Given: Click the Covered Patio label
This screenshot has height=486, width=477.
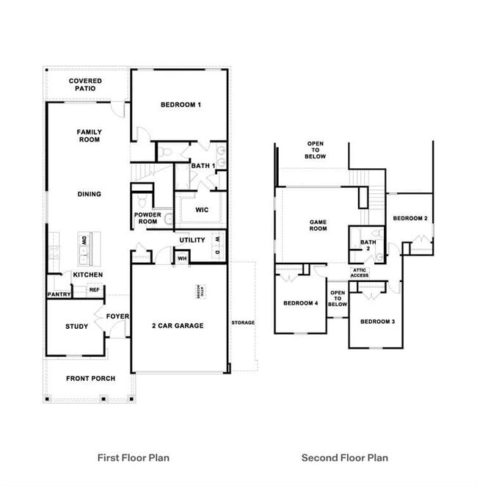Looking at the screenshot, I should pyautogui.click(x=85, y=84).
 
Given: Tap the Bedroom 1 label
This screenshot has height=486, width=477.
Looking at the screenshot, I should pyautogui.click(x=181, y=105).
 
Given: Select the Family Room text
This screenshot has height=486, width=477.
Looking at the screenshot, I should pyautogui.click(x=89, y=135).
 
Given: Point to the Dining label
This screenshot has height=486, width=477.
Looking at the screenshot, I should pyautogui.click(x=89, y=195).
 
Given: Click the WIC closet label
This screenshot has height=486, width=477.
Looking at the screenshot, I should pyautogui.click(x=202, y=210).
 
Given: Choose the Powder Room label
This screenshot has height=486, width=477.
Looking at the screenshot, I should pyautogui.click(x=147, y=218).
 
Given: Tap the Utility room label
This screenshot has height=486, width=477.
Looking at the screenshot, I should pyautogui.click(x=192, y=240).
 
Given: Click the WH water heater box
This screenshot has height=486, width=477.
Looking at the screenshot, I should pyautogui.click(x=181, y=257).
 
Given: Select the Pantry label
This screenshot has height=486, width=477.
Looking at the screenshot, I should pyautogui.click(x=59, y=294).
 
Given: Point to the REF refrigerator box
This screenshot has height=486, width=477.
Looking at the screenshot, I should pyautogui.click(x=94, y=290).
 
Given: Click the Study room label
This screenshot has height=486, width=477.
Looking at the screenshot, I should pyautogui.click(x=76, y=327).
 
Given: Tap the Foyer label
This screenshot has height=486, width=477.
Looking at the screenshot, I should pyautogui.click(x=117, y=317).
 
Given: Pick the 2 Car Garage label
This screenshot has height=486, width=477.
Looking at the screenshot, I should pyautogui.click(x=178, y=325).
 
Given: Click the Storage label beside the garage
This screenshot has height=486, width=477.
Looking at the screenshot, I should pyautogui.click(x=243, y=322).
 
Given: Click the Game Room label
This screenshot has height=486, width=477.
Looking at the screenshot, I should pyautogui.click(x=318, y=225).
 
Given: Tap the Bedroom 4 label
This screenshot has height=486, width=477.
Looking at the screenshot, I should pyautogui.click(x=300, y=303).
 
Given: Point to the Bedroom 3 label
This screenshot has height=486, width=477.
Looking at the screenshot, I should pyautogui.click(x=377, y=322).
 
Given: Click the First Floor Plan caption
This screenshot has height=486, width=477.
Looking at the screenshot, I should pyautogui.click(x=134, y=457).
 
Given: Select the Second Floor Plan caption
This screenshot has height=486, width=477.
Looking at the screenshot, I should pyautogui.click(x=344, y=457).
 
